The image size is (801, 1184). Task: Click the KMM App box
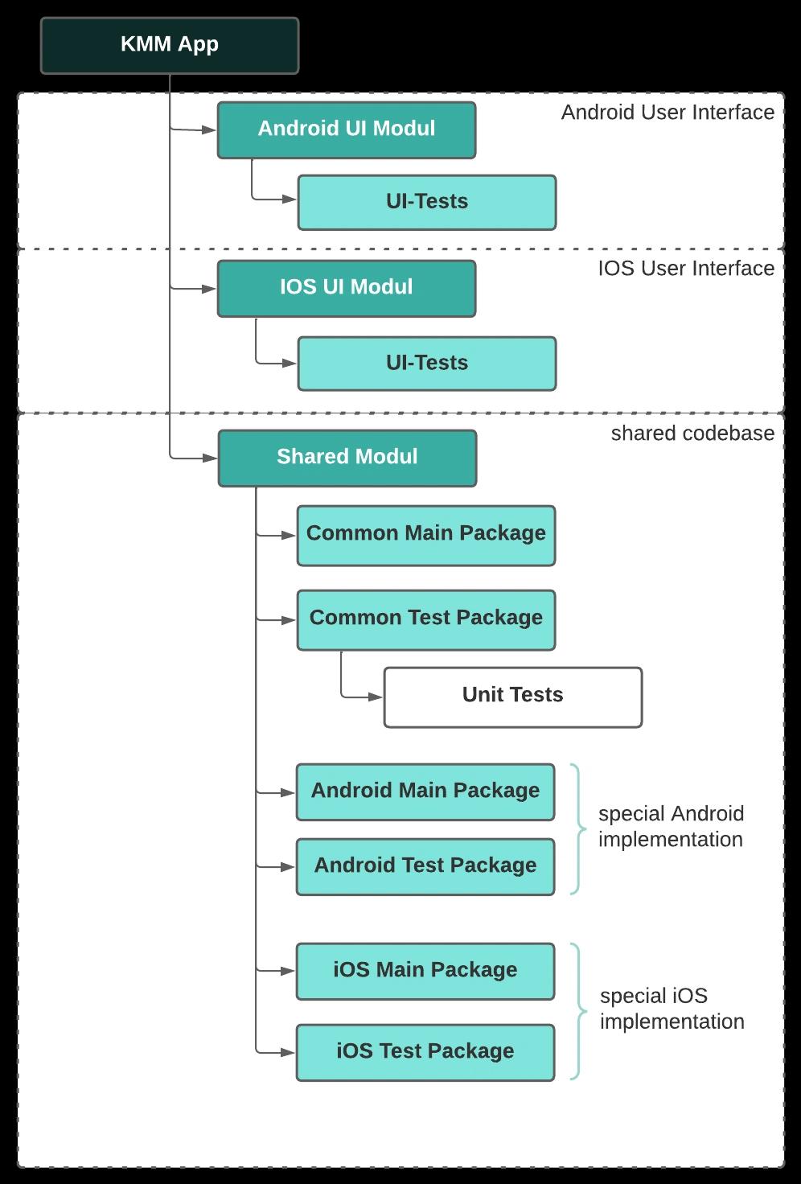pos(170,45)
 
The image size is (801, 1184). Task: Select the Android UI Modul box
pos(347,129)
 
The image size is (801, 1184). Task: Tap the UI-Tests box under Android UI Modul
pos(427,202)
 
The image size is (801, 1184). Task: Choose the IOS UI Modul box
pos(347,288)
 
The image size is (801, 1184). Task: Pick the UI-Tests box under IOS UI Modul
pos(427,364)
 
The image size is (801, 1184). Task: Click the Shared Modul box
pos(347,458)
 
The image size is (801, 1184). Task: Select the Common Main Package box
pos(426,535)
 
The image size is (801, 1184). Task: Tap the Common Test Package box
pos(426,619)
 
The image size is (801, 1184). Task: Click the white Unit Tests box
pos(513,697)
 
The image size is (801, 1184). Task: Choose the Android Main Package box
pos(425,791)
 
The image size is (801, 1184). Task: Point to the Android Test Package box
pos(425,866)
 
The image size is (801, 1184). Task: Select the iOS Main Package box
pos(425,971)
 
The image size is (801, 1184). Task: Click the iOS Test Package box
pos(425,1052)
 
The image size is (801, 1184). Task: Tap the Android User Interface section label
pos(667,113)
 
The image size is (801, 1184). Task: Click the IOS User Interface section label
pos(686,269)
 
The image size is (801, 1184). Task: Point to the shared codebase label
pos(692,434)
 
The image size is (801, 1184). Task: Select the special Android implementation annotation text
pos(671,827)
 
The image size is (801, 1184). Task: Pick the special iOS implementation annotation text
pos(672,1009)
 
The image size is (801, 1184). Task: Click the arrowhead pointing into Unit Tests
pos(376,697)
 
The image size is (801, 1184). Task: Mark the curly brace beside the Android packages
pos(578,828)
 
